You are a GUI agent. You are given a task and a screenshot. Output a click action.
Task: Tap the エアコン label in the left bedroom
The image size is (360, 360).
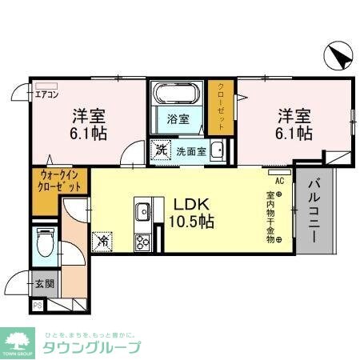click(x=46, y=92)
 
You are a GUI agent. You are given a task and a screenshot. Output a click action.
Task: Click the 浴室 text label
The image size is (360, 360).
click(x=178, y=119)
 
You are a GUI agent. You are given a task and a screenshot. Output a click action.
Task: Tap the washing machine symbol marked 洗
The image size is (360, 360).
click(x=160, y=149)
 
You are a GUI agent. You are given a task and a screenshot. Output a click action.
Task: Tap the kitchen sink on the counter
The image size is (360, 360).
click(x=142, y=212)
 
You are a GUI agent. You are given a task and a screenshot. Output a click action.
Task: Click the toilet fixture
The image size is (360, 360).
click(x=45, y=242)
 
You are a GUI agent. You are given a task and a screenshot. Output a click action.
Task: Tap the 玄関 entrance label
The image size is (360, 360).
click(x=45, y=283)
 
